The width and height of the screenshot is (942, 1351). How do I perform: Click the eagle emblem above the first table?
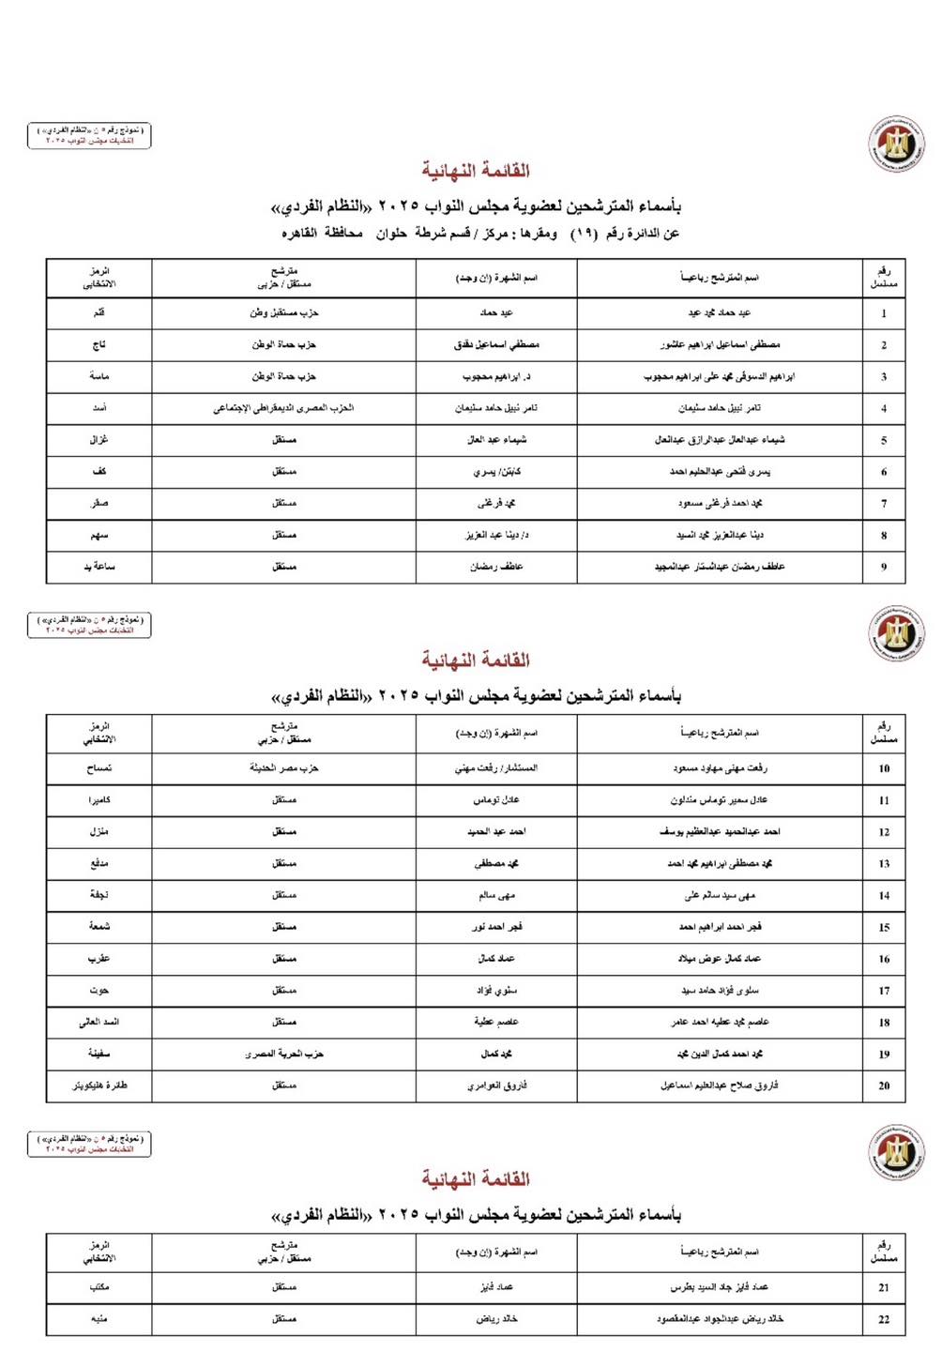tap(895, 144)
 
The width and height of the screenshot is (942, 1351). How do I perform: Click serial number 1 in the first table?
tap(883, 313)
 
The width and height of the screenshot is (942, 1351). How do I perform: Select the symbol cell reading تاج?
tap(99, 344)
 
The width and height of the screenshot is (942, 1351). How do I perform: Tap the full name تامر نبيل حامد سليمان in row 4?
tap(720, 408)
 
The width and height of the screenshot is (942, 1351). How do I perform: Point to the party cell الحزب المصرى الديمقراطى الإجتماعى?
tap(283, 408)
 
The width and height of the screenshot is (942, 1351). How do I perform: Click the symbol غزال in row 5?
tap(99, 439)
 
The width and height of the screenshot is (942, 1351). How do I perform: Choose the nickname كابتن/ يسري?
tap(496, 472)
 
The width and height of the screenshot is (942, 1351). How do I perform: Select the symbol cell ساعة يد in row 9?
tap(99, 567)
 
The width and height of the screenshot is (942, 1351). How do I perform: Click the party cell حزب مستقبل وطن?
tap(283, 312)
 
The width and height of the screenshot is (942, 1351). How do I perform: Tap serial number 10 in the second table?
tap(883, 768)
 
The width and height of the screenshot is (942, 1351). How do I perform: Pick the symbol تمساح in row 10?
tap(99, 768)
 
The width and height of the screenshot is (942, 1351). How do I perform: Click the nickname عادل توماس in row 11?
tap(496, 800)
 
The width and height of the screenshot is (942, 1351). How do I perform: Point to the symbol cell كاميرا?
tap(99, 800)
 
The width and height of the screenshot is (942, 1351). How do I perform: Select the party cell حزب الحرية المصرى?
tap(283, 1054)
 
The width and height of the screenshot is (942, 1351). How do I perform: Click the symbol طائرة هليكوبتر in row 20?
tap(99, 1085)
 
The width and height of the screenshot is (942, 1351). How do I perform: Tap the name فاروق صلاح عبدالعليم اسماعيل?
tap(720, 1085)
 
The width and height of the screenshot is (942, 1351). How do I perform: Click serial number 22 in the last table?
tap(883, 1319)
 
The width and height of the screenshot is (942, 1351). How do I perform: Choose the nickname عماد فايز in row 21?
tap(496, 1287)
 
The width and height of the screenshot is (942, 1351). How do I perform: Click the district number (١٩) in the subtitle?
tap(582, 234)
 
